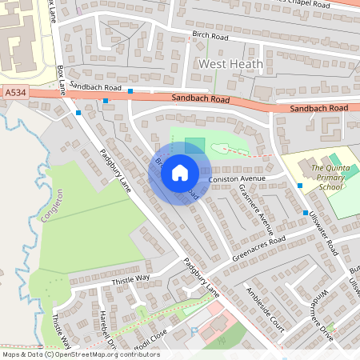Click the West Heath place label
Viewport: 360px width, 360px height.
click(225, 63)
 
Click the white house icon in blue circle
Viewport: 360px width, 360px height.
click(180, 172)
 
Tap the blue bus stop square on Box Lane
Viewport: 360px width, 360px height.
click(78, 113)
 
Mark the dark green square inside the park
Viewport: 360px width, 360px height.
click(194, 146)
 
